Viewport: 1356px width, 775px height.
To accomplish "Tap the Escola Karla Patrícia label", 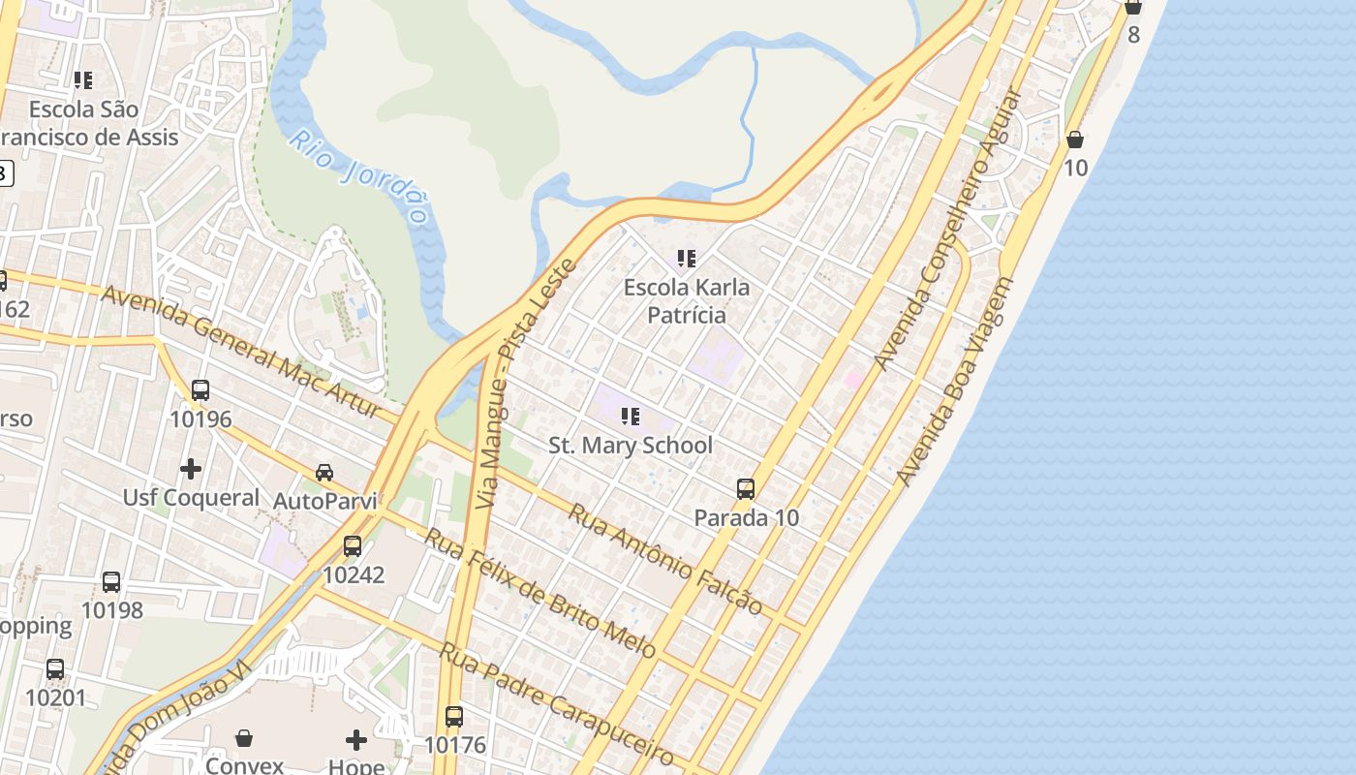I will tap(686, 300).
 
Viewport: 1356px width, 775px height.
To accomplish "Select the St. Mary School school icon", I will tap(631, 417).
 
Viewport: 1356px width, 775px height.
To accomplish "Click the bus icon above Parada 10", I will tap(746, 488).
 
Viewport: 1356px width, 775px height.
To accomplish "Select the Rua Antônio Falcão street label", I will tap(664, 558).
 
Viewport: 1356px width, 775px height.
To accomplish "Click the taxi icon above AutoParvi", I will tap(324, 473).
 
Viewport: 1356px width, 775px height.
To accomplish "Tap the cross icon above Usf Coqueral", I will tap(191, 469).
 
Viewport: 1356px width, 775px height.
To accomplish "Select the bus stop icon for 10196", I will tap(200, 390).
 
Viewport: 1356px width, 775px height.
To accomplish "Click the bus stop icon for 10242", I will tap(353, 545).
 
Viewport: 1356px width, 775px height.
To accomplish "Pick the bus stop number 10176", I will tap(454, 745).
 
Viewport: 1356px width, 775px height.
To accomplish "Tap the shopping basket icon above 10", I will tap(1075, 139).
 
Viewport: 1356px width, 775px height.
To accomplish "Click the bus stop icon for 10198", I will tap(111, 582).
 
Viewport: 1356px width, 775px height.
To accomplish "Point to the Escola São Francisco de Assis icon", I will tap(83, 79).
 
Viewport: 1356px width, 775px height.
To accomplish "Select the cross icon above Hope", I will tap(356, 740).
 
